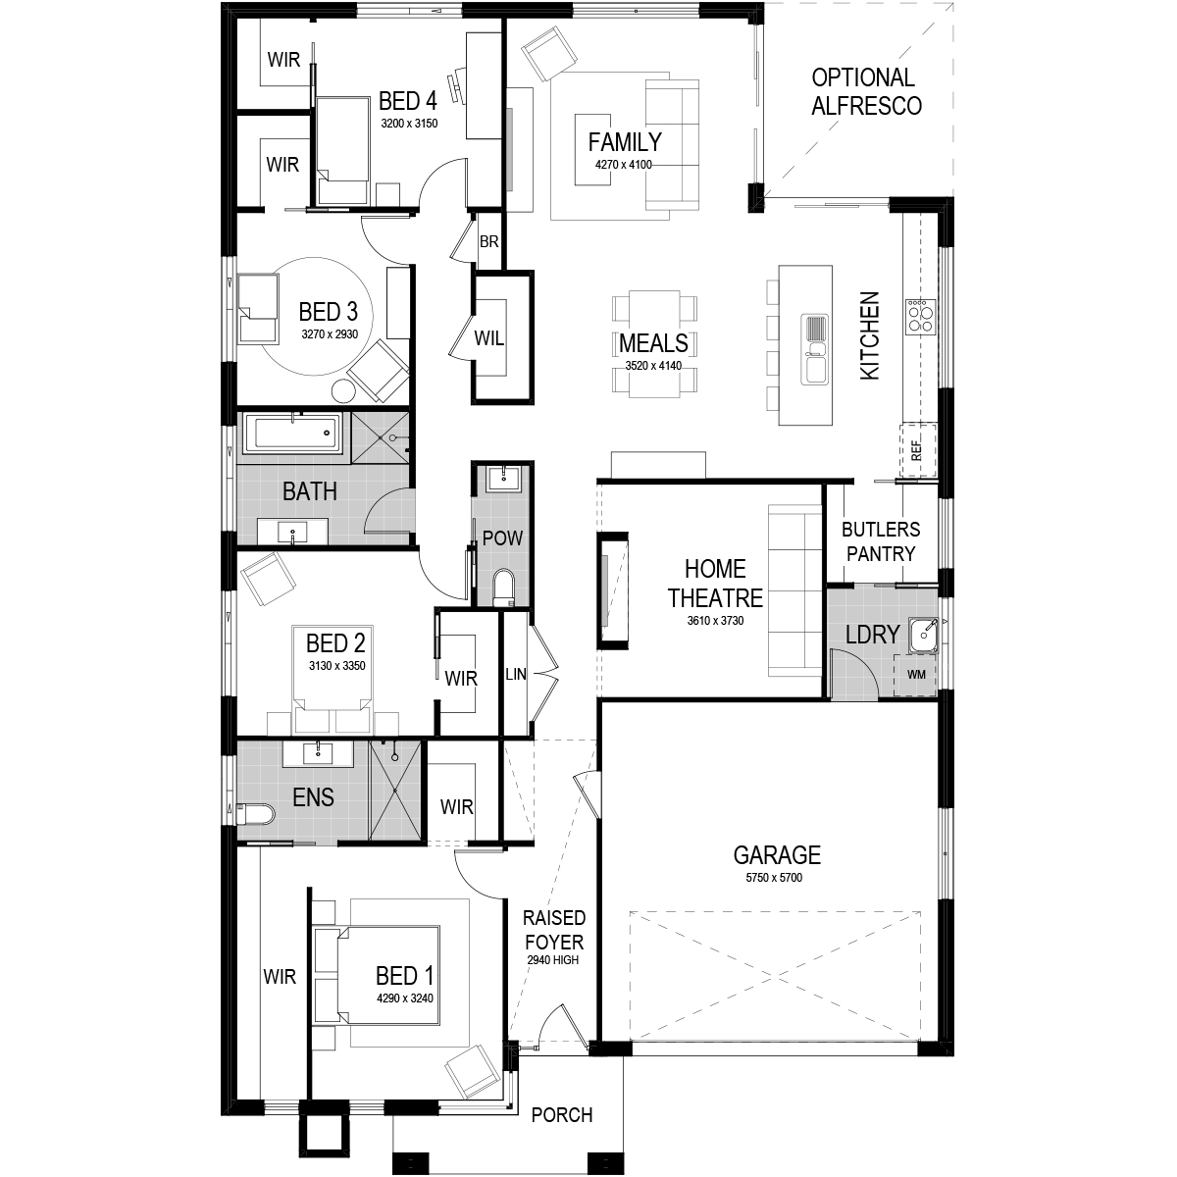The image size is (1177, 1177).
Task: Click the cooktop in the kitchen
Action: pos(919,315)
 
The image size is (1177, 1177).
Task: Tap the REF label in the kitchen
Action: pos(915,451)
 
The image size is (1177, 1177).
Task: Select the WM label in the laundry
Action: pos(916,674)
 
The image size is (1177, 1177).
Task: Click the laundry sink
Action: pos(923,636)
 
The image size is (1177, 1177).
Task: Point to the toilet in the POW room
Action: pos(504,587)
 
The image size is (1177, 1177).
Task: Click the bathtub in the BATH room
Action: pos(292,434)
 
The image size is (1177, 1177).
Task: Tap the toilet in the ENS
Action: pos(255,814)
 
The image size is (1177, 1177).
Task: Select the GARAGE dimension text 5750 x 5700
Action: pos(774,878)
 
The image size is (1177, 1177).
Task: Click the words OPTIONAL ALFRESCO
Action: pos(865,91)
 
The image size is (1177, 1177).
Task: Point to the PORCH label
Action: pos(562,1115)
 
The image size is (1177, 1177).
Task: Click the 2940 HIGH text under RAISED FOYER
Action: pos(553,960)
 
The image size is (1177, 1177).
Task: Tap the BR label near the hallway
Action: pos(488,242)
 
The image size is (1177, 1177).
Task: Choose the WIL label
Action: pos(489,337)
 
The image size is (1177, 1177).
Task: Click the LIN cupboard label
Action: pos(516,674)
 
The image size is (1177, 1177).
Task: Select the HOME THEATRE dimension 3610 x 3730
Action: pos(715,621)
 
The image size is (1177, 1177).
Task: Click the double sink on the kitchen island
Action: pos(814,349)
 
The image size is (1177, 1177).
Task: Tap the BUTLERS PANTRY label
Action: pos(881,541)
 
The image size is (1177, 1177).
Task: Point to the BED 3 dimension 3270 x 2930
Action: pos(330,334)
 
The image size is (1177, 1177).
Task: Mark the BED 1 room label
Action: pos(404,975)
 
